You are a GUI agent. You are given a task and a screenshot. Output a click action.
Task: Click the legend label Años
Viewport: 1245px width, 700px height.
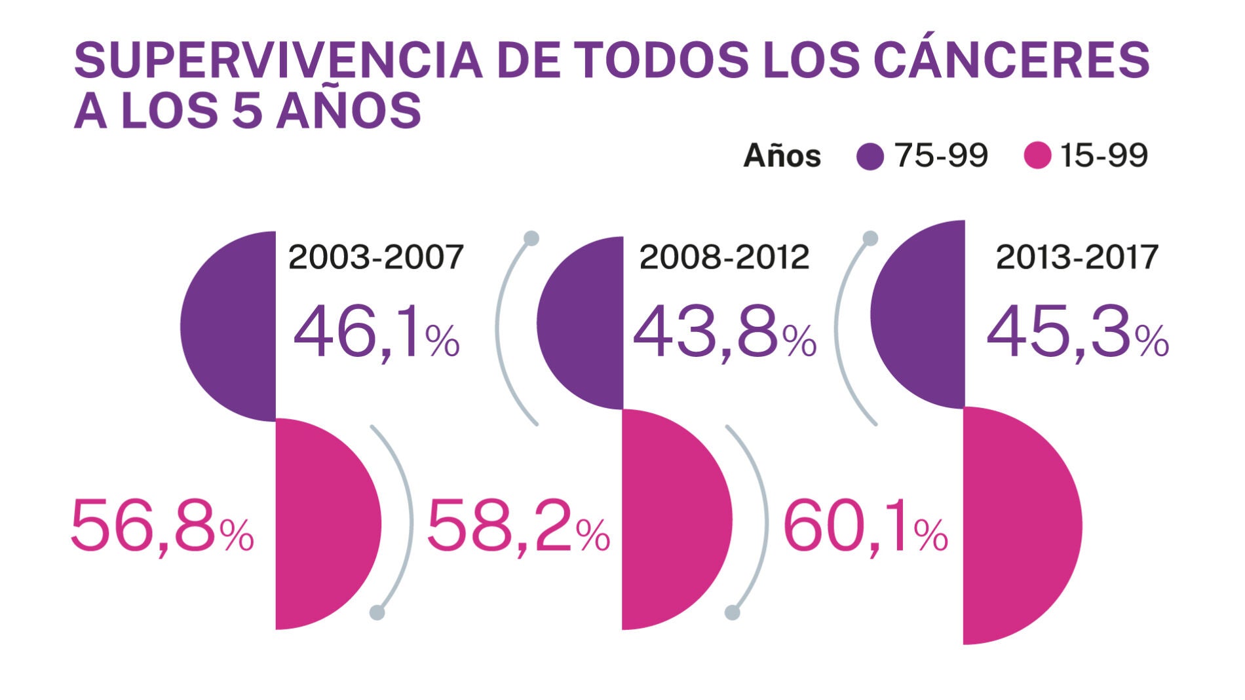[x=782, y=157]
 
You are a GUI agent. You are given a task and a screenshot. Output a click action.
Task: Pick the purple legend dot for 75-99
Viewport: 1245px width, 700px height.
[x=870, y=157]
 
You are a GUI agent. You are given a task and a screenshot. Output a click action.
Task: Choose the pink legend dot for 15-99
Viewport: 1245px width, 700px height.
[x=1037, y=156]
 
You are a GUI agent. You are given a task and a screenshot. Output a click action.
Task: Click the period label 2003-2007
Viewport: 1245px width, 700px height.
[x=376, y=257]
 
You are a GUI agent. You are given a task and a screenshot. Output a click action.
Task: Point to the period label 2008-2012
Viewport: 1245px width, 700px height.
[x=724, y=257]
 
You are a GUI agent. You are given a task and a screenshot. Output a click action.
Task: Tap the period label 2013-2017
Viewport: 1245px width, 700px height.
[x=1077, y=257]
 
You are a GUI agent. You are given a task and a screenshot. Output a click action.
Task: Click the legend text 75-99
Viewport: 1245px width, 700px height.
[x=941, y=156]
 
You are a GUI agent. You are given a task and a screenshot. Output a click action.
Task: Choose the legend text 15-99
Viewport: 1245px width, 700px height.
[x=1103, y=156]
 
